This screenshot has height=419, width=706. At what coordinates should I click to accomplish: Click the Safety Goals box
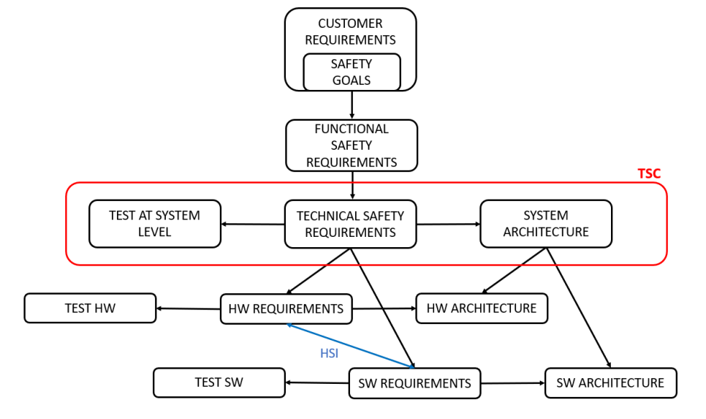[x=352, y=72]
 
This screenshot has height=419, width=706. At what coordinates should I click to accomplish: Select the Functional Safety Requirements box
[x=352, y=145]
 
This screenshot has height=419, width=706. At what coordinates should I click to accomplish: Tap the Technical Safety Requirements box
[x=350, y=224]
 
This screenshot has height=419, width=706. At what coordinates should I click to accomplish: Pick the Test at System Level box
[x=154, y=224]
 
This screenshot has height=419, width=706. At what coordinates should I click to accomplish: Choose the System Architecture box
[x=545, y=224]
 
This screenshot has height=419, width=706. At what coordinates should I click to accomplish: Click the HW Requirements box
[x=286, y=309]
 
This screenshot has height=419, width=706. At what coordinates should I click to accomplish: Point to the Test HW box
[x=90, y=309]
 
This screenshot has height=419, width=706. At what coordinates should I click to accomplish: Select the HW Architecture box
[x=482, y=308]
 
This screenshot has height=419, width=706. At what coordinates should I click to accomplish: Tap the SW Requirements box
[x=414, y=383]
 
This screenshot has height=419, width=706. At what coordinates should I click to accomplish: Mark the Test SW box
[x=219, y=382]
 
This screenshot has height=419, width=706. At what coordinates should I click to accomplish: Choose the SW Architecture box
[x=610, y=382]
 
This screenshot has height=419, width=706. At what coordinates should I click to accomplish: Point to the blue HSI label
[x=330, y=352]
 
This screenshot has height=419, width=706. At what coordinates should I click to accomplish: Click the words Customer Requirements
[x=351, y=31]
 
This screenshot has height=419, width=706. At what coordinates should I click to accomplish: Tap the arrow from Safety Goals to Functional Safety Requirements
[x=352, y=105]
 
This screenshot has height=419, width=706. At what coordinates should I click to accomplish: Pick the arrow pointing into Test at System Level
[x=253, y=224]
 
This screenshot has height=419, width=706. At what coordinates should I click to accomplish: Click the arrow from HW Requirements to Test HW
[x=189, y=309]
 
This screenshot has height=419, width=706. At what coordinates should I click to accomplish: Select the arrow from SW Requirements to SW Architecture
[x=512, y=382]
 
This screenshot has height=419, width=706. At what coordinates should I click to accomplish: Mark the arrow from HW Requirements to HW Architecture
[x=384, y=309]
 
